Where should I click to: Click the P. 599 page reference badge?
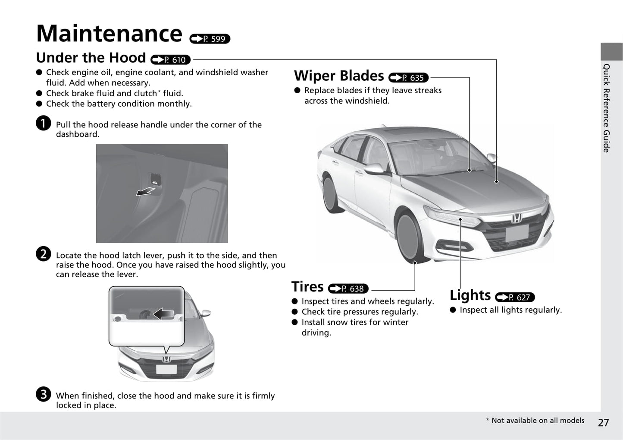[210, 39]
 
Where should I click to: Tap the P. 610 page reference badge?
[170, 60]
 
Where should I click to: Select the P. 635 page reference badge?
[409, 77]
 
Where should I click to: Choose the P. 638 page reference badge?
[348, 288]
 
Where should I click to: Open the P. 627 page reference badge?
[515, 297]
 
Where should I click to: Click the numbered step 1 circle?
[44, 123]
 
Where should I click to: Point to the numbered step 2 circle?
[44, 254]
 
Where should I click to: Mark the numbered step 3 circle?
[44, 394]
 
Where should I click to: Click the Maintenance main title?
[110, 33]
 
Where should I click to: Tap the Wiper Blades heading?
[339, 76]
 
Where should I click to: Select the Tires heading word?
[307, 287]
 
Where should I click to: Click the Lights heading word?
[470, 295]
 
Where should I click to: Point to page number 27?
[603, 422]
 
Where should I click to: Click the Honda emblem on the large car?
[517, 218]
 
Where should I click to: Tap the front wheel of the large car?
[411, 238]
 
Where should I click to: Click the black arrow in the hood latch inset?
[163, 314]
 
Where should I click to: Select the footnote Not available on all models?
[535, 420]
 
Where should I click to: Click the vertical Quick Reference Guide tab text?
[606, 108]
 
